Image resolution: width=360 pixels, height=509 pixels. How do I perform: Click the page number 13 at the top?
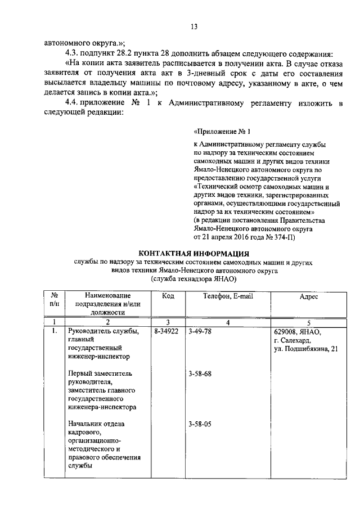[x=194, y=26]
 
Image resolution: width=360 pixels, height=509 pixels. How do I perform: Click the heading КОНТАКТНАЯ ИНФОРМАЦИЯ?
[x=193, y=253]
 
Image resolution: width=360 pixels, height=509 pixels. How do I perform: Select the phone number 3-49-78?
[x=200, y=332]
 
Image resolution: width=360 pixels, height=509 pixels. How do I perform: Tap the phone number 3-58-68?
[x=200, y=374]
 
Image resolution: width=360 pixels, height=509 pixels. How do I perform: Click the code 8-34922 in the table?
[x=166, y=332]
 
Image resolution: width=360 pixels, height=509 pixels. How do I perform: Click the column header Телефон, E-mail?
[x=227, y=296]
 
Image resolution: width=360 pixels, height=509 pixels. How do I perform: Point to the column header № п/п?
[x=55, y=300]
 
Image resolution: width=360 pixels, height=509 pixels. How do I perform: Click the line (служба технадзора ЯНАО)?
[x=193, y=278]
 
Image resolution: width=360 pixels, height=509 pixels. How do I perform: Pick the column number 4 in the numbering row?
[x=227, y=322]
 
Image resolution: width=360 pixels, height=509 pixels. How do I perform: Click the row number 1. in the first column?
[x=54, y=332]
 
